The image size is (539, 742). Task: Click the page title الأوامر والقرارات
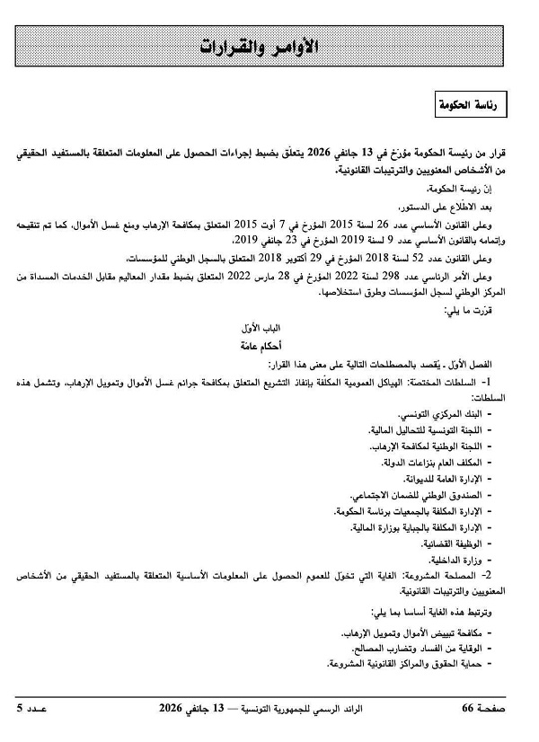(269, 46)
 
